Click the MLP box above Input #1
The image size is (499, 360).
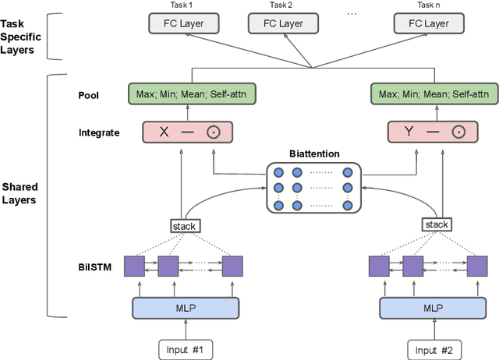pos(186,308)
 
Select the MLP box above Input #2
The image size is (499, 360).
pos(432,308)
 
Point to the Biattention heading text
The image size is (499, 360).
pos(313,154)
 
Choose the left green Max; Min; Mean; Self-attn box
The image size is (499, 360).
pos(191,96)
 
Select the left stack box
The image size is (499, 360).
pos(186,225)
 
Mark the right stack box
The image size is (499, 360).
pos(437,224)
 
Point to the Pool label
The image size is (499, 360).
pos(88,96)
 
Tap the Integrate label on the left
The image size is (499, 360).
pos(98,132)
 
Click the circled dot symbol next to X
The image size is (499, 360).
pos(213,132)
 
